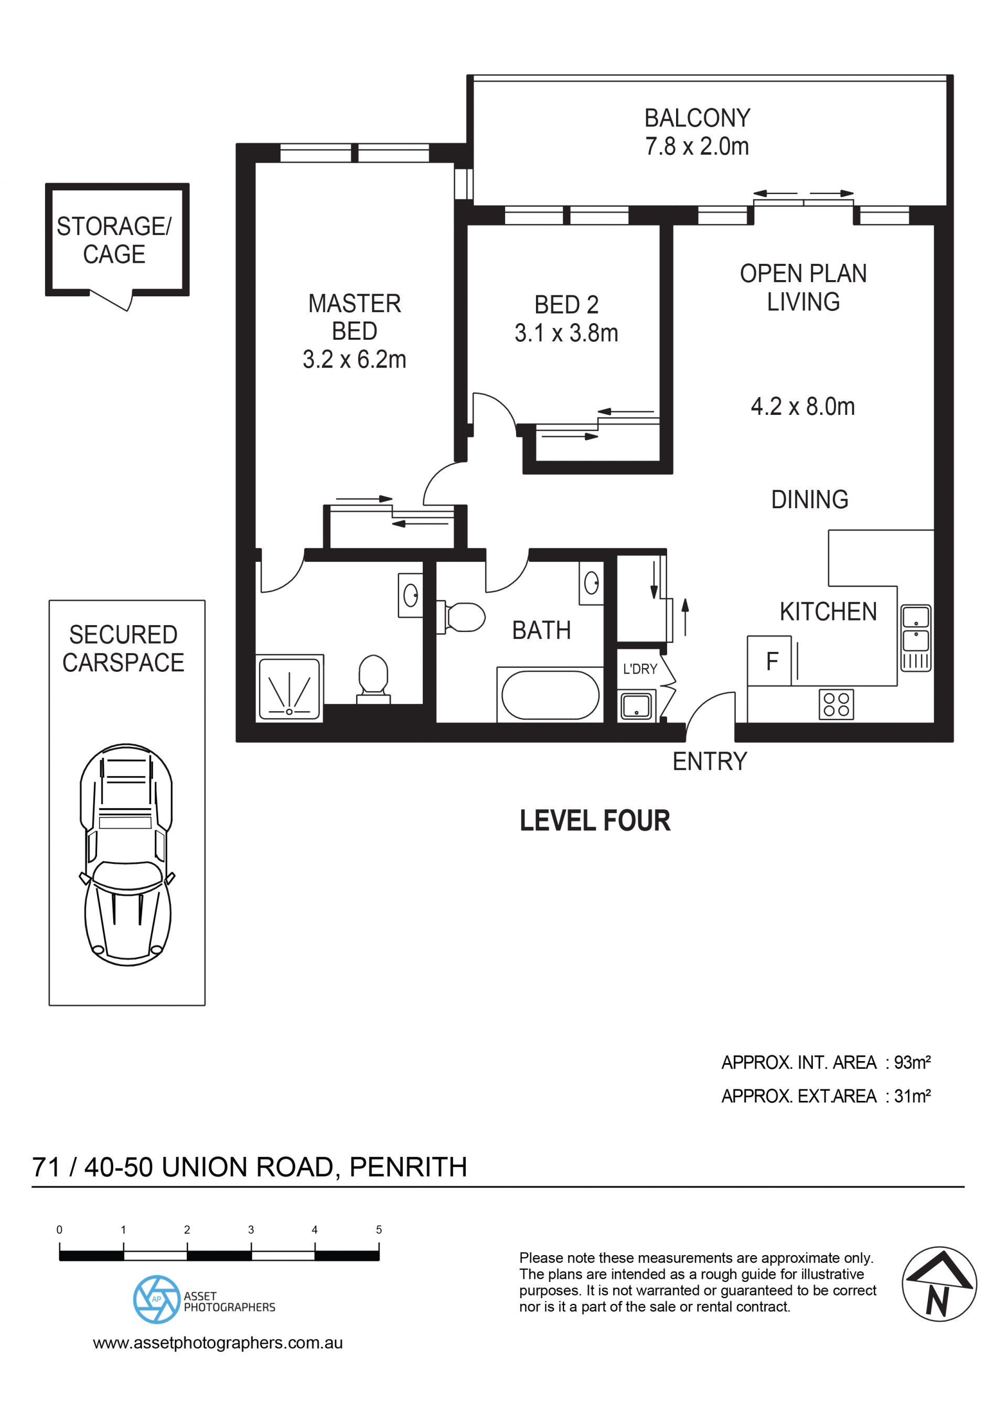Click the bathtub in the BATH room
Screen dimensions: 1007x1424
550,695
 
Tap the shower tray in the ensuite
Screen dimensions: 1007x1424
290,689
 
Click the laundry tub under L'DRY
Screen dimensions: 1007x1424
636,706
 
